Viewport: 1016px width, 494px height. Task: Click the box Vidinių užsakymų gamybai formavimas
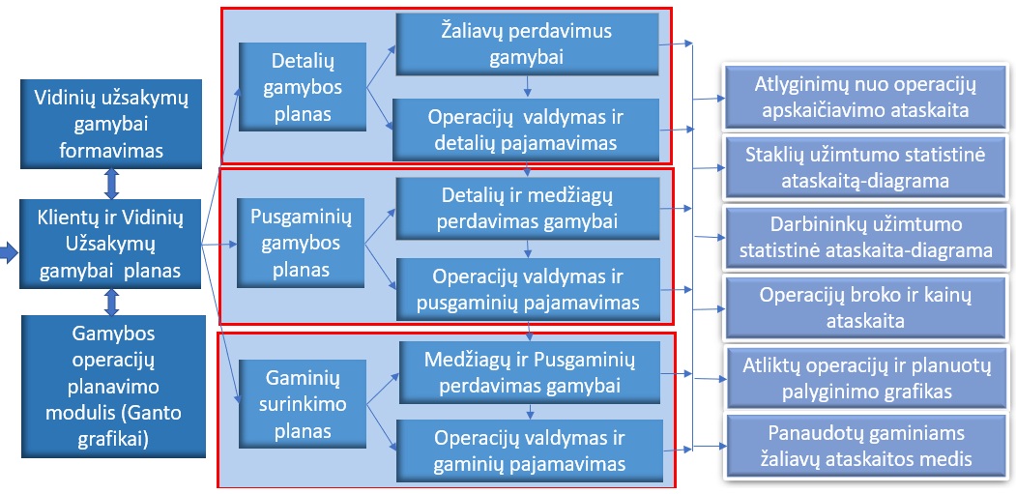(x=110, y=124)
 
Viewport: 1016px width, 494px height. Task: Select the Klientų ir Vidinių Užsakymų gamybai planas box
(x=110, y=244)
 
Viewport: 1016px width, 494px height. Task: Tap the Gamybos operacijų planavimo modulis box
(x=113, y=387)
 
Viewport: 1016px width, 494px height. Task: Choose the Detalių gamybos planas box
(x=302, y=88)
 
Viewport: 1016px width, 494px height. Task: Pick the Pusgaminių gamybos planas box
(x=301, y=243)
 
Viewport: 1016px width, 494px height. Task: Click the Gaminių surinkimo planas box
(x=303, y=404)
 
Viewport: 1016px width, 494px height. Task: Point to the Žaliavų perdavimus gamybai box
(x=527, y=44)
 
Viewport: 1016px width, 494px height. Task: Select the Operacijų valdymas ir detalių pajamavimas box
(x=526, y=130)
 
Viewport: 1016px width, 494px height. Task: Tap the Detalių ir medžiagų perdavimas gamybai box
(x=527, y=208)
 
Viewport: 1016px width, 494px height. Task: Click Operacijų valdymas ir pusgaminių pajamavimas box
(x=528, y=289)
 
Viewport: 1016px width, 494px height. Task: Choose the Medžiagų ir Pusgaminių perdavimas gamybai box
(x=530, y=373)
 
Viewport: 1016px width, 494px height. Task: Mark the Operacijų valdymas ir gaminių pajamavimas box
(x=530, y=451)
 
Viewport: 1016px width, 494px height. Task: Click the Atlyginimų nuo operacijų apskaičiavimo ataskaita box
(x=865, y=97)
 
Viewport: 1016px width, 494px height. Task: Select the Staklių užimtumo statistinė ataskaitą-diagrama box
(x=865, y=167)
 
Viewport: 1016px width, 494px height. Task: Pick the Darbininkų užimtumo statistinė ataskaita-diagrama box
(x=865, y=237)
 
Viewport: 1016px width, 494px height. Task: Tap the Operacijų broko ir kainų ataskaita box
(x=865, y=307)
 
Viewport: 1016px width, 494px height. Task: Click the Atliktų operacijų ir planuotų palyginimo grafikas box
(x=866, y=379)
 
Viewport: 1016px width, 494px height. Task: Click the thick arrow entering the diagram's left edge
(x=9, y=255)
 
